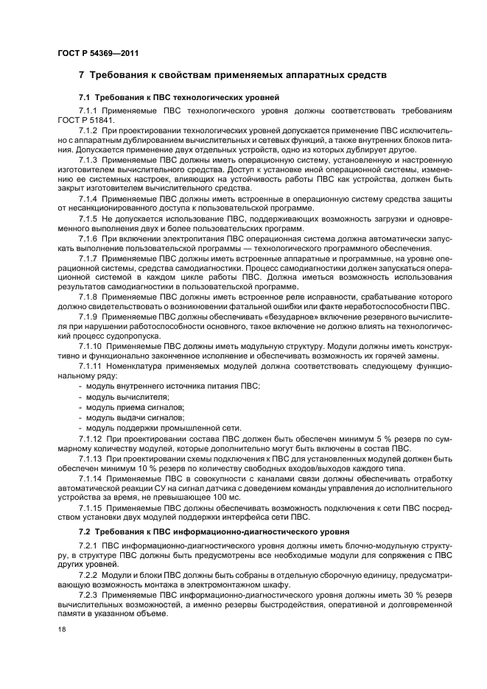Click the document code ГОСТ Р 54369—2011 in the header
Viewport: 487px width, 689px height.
pyautogui.click(x=98, y=54)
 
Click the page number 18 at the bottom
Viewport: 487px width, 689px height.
pyautogui.click(x=62, y=630)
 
